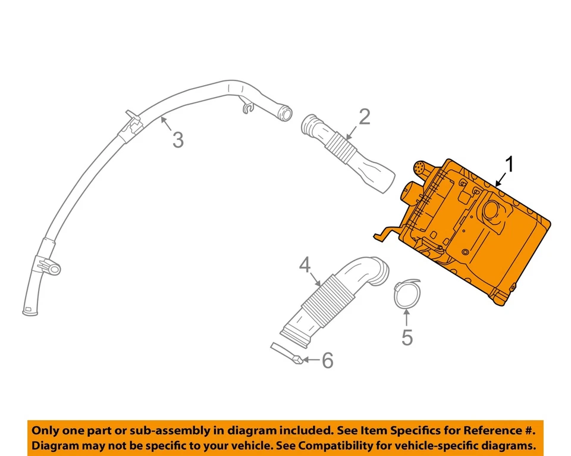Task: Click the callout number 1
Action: (509, 164)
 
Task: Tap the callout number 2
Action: (364, 117)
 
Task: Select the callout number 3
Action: (178, 140)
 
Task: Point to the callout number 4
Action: (305, 265)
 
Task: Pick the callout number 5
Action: (407, 338)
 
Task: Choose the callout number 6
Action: (327, 360)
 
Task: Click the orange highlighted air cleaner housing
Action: (476, 238)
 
